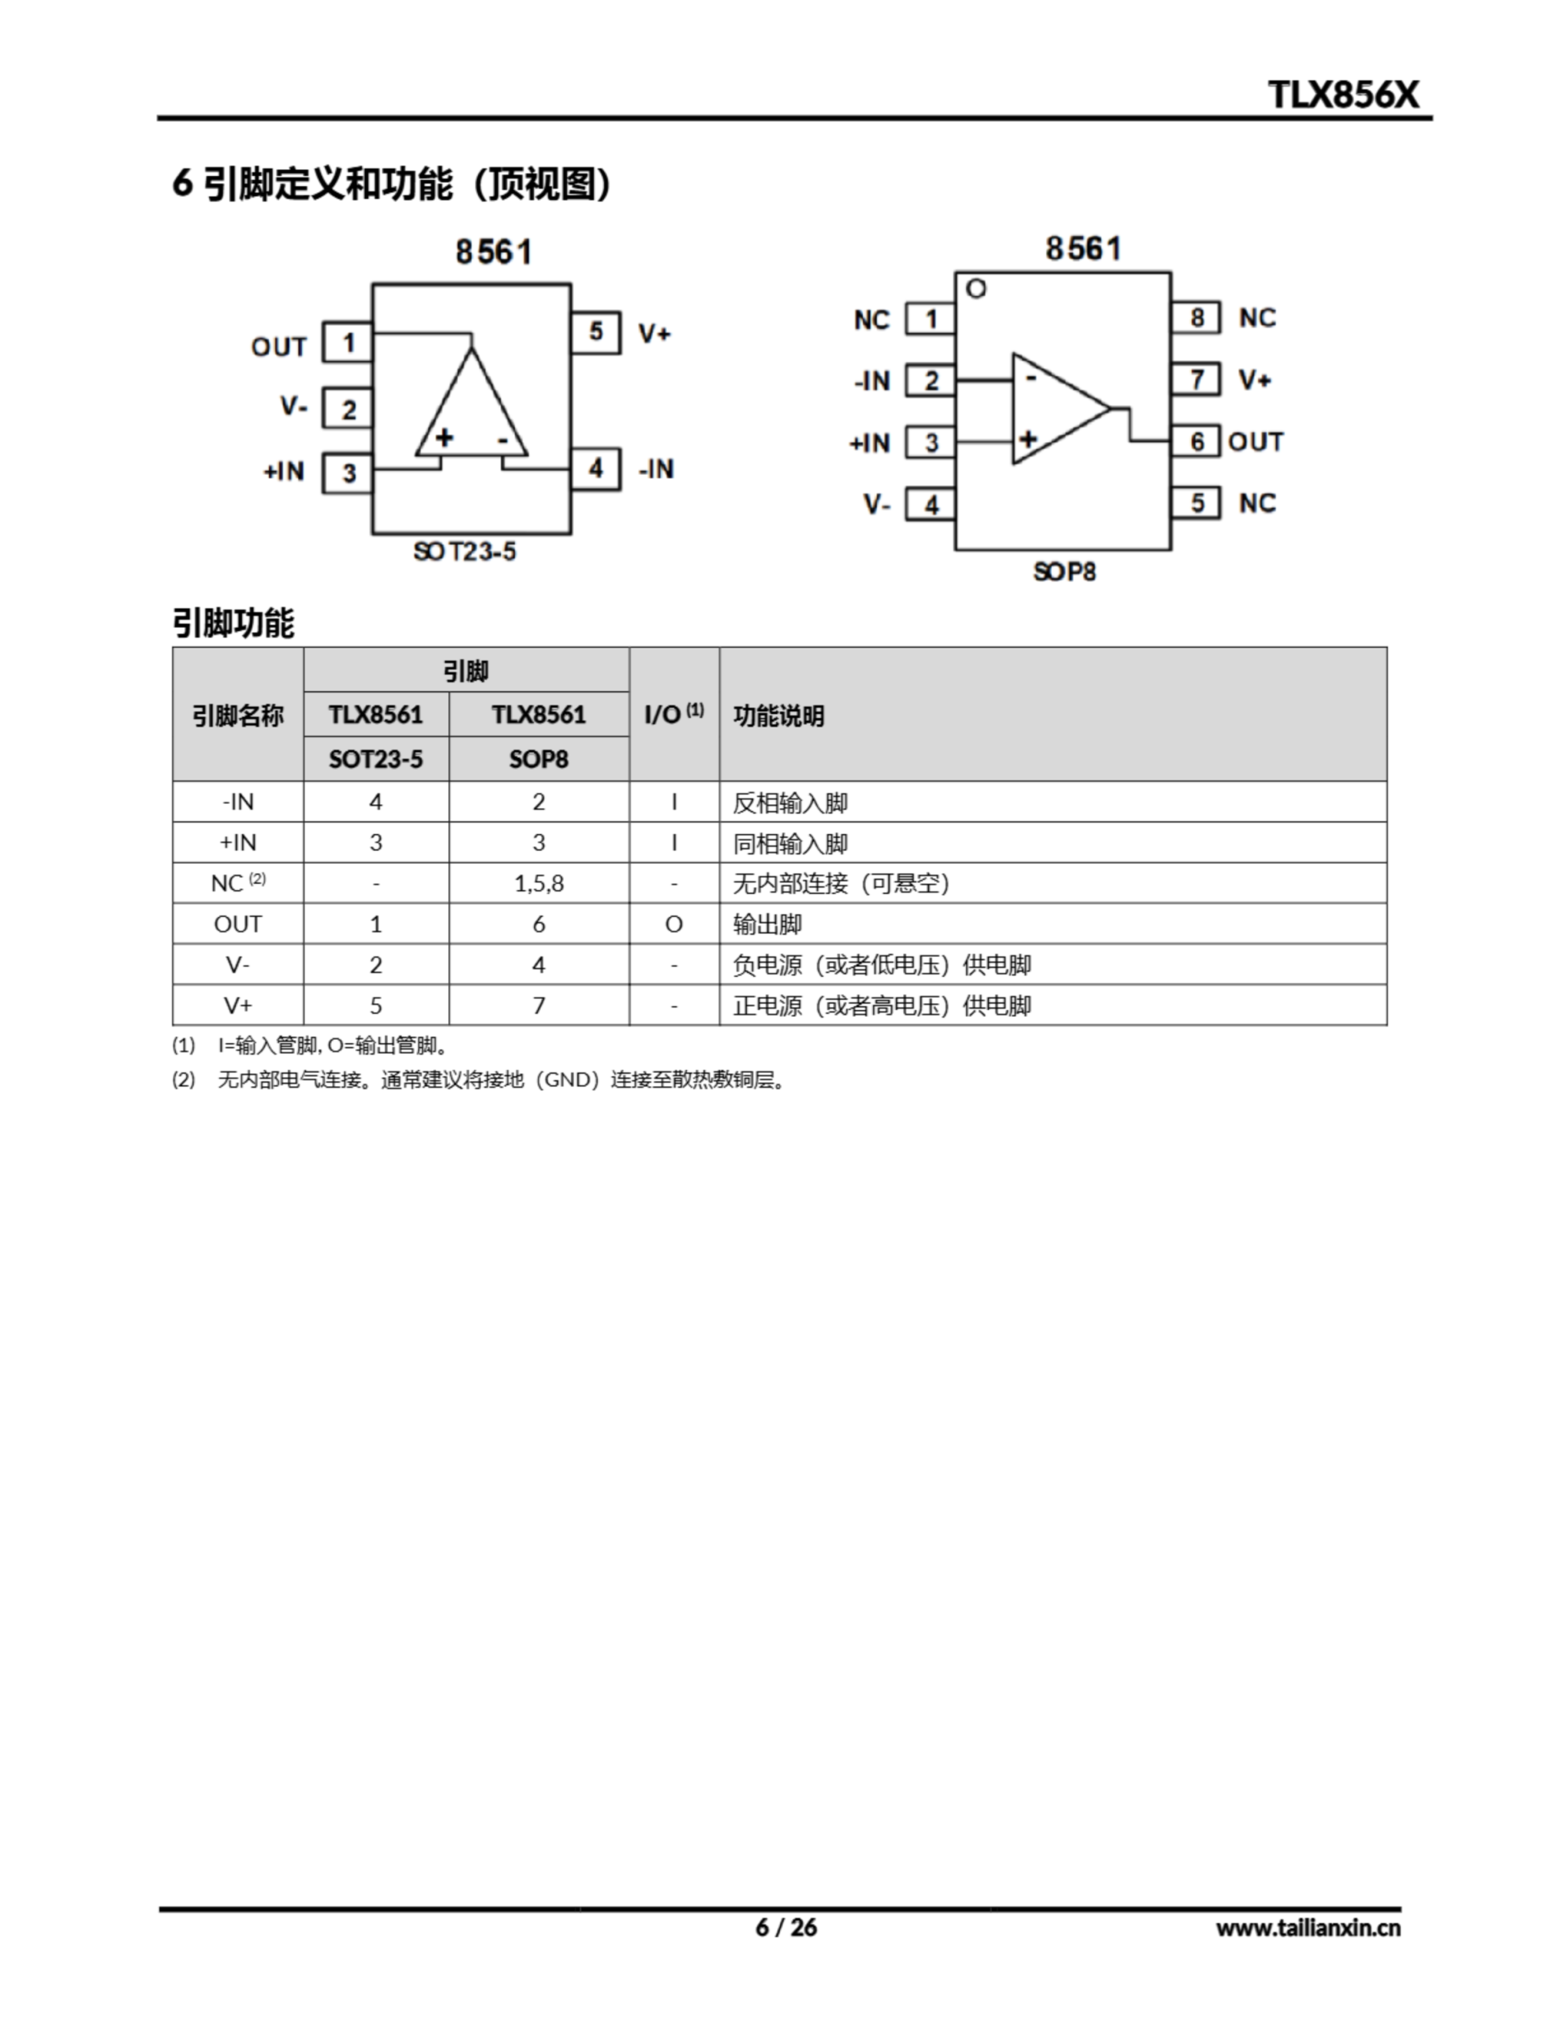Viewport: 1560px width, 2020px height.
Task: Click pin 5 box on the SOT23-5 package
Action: click(595, 332)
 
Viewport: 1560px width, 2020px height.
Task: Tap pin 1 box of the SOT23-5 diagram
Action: click(348, 343)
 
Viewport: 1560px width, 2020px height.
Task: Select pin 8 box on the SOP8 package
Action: click(1196, 318)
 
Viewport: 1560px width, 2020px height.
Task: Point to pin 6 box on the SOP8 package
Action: click(1196, 442)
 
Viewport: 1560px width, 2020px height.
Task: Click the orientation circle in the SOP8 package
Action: click(976, 290)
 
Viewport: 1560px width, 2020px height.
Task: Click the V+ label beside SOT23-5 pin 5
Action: click(655, 334)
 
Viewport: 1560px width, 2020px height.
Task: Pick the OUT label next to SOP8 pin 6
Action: click(1255, 442)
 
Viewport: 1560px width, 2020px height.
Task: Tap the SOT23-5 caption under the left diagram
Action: click(465, 552)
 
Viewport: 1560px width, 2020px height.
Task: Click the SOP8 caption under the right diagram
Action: click(1065, 573)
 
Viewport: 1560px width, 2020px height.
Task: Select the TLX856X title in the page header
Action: click(1342, 95)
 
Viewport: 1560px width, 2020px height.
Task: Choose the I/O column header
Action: click(674, 714)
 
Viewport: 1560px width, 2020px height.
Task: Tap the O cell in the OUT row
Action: click(674, 924)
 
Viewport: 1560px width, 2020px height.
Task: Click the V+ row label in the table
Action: click(237, 1005)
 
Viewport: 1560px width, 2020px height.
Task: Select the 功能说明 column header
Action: click(778, 716)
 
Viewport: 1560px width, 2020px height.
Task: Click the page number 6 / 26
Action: click(786, 1927)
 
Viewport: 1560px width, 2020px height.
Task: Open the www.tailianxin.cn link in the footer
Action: click(1308, 1928)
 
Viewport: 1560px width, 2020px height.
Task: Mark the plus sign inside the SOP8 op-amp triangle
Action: click(1028, 440)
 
